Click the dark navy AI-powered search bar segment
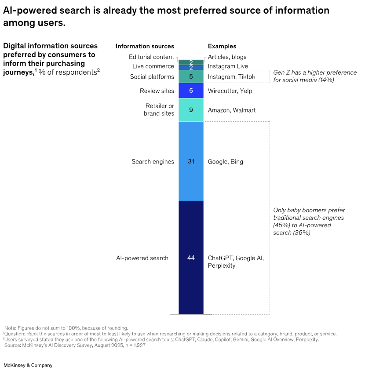191,258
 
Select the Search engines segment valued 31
191,161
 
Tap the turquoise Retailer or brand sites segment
191,110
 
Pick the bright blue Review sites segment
191,91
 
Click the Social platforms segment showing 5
191,76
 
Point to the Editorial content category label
151,57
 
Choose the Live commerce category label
153,66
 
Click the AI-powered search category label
142,258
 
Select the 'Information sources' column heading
145,46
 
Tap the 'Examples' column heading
222,46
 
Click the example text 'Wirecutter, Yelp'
230,91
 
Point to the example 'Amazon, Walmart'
232,110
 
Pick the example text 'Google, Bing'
225,162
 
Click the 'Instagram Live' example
228,66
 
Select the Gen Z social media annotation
315,76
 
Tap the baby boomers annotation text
309,221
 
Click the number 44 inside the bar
191,258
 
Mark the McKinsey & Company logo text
28,365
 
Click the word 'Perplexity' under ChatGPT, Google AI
222,266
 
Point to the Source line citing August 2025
75,345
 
